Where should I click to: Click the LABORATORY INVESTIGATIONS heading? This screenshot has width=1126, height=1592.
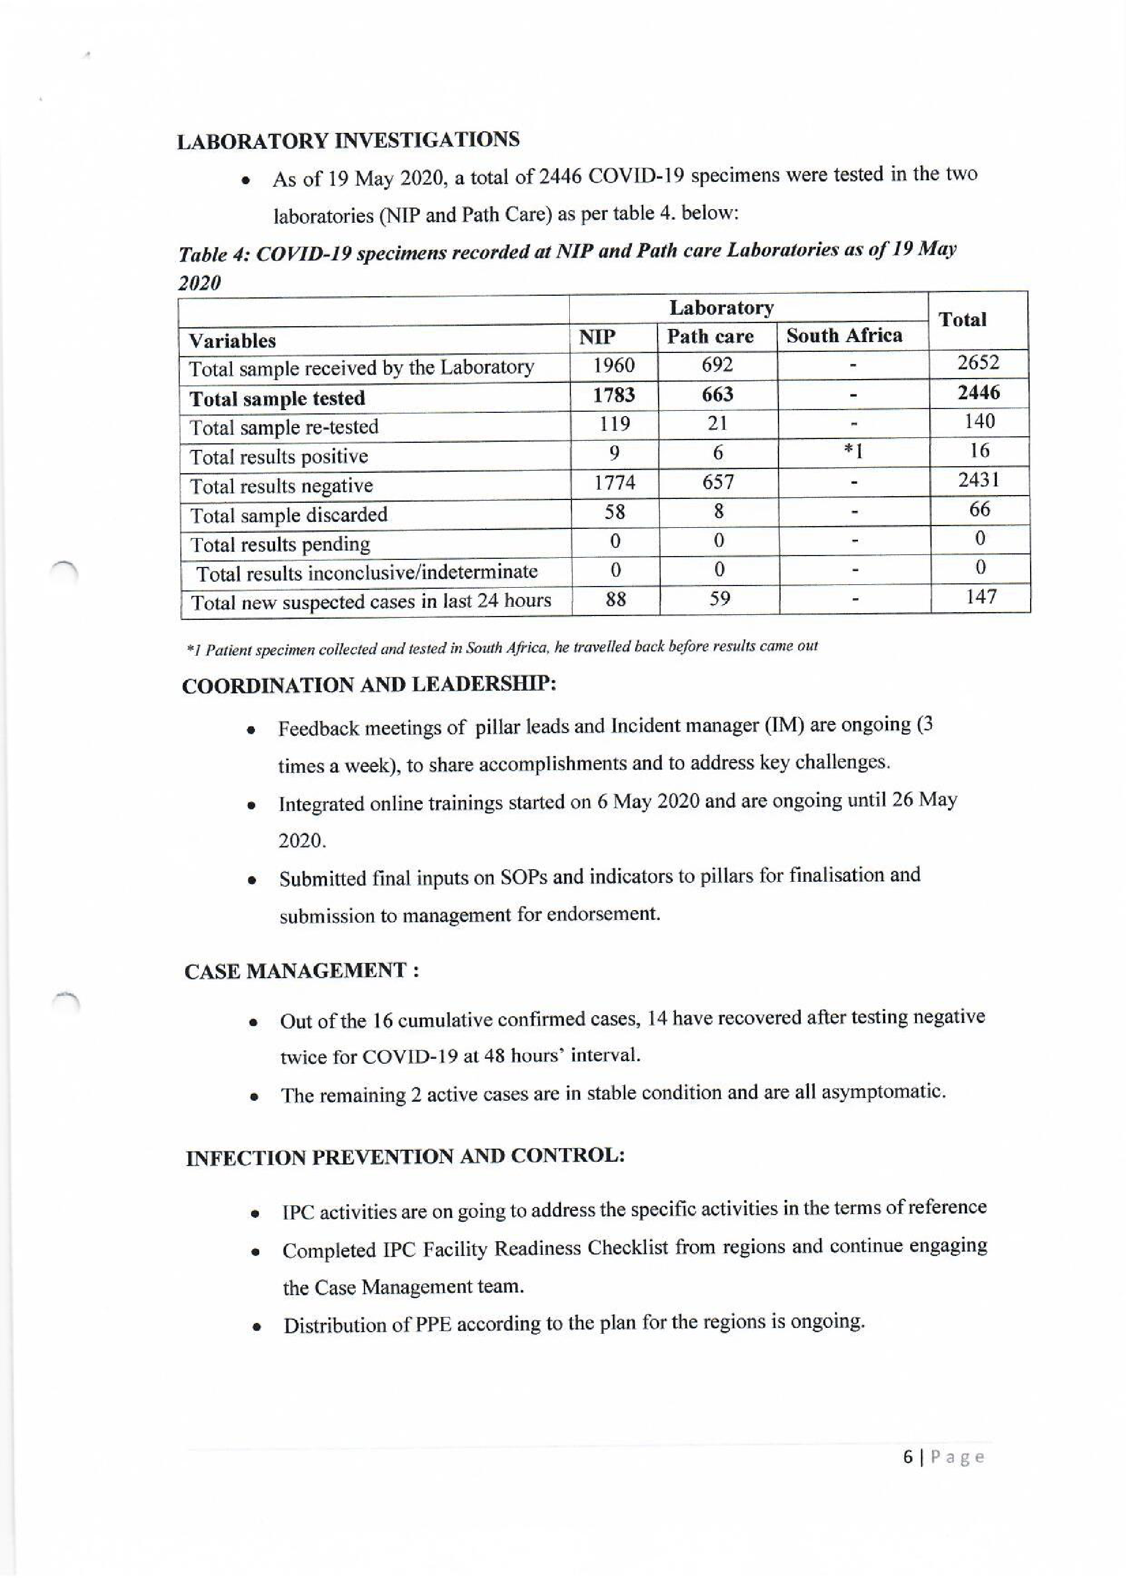tap(348, 140)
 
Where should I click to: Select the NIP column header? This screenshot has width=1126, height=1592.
tap(597, 337)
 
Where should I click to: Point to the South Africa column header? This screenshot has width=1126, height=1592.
tap(844, 336)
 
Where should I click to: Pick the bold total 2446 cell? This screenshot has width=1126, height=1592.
tap(978, 393)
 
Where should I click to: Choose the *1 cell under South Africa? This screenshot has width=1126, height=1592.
tap(854, 452)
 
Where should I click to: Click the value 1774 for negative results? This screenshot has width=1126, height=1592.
tap(614, 482)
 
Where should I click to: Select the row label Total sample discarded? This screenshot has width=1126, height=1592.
tap(288, 515)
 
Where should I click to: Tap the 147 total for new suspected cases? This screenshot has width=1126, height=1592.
tap(981, 596)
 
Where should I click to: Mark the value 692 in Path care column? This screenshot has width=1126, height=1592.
tap(717, 364)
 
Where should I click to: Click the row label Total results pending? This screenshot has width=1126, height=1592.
tap(279, 544)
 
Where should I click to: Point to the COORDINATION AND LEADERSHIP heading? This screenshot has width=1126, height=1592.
tap(369, 685)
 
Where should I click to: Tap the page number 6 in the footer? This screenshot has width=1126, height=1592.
tap(908, 1457)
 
